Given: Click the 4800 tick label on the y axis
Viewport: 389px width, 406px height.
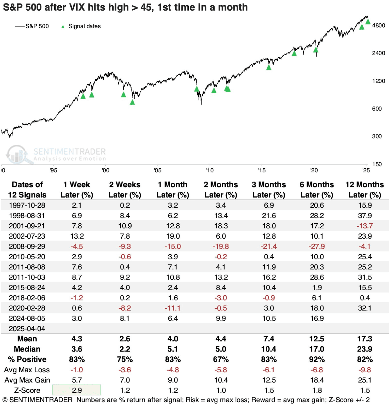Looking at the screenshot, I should point(378,25).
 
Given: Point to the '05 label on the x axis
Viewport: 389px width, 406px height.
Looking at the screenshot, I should point(158,170).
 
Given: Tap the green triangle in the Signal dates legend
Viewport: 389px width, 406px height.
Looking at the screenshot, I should point(63,26).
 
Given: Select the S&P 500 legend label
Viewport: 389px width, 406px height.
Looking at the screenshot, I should point(37,26).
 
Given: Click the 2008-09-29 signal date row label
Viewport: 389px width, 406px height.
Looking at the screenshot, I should point(27,246).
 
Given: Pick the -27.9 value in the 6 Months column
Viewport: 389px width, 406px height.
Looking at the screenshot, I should point(317,246).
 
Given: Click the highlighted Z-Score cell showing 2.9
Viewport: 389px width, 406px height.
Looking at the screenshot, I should point(77,390).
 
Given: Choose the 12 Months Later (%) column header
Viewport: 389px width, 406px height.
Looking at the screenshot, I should point(365,189).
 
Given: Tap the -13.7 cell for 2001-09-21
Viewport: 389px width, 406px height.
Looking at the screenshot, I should point(365,226).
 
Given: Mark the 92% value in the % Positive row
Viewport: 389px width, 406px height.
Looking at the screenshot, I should point(317,359).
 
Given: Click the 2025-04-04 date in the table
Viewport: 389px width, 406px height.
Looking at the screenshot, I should point(27,329).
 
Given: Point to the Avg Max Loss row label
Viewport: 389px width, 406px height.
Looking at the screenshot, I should point(27,370).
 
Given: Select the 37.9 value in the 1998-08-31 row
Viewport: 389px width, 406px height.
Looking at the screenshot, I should point(365,216).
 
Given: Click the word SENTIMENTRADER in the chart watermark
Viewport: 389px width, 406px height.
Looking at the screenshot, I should point(69,152).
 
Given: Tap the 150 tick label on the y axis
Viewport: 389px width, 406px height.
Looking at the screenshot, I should point(377,164).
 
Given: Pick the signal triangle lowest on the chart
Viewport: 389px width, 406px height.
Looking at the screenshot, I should point(132,102).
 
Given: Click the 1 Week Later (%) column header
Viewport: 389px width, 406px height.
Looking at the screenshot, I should point(77,189).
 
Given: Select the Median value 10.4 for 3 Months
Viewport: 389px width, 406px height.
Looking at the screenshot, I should point(269,349).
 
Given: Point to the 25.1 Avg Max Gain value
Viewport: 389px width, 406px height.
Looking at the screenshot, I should point(365,380).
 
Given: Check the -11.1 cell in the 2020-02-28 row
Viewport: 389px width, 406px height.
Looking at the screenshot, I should point(173,308).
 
